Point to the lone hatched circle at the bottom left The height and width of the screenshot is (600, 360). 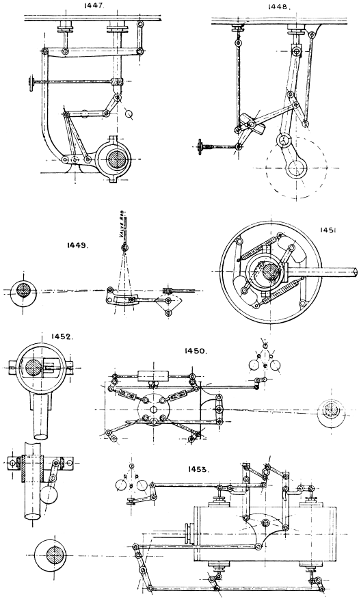click(x=51, y=556)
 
